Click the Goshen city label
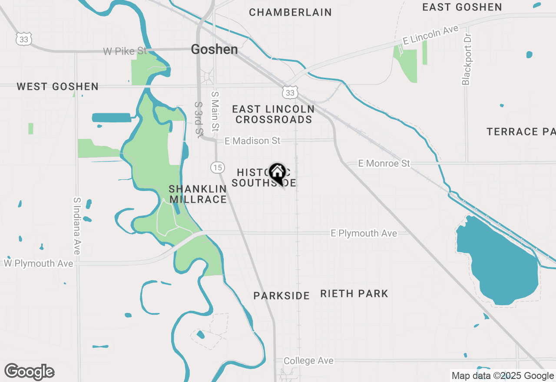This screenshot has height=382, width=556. pyautogui.click(x=214, y=49)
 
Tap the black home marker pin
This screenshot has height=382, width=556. pyautogui.click(x=277, y=173)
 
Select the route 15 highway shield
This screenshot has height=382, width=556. pyautogui.click(x=217, y=167)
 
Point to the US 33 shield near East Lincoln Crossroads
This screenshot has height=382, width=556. pyautogui.click(x=290, y=92)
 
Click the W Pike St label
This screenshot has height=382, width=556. pyautogui.click(x=125, y=51)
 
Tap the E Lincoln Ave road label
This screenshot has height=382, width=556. pyautogui.click(x=430, y=35)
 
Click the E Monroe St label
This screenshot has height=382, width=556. pyautogui.click(x=384, y=163)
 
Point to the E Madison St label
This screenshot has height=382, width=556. pyautogui.click(x=252, y=141)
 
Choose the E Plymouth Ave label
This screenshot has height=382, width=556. pyautogui.click(x=364, y=233)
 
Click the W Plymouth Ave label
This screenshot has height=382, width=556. pyautogui.click(x=39, y=263)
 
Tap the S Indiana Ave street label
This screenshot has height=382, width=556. pyautogui.click(x=77, y=226)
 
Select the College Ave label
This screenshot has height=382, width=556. pyautogui.click(x=308, y=361)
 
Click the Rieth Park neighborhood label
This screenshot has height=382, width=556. pyautogui.click(x=354, y=294)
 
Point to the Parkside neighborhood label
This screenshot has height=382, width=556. pyautogui.click(x=281, y=296)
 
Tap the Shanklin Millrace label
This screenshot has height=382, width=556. pyautogui.click(x=198, y=194)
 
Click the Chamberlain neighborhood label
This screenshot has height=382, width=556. pyautogui.click(x=290, y=13)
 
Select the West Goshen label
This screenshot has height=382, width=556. pyautogui.click(x=57, y=87)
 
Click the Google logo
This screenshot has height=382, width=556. pyautogui.click(x=30, y=372)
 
